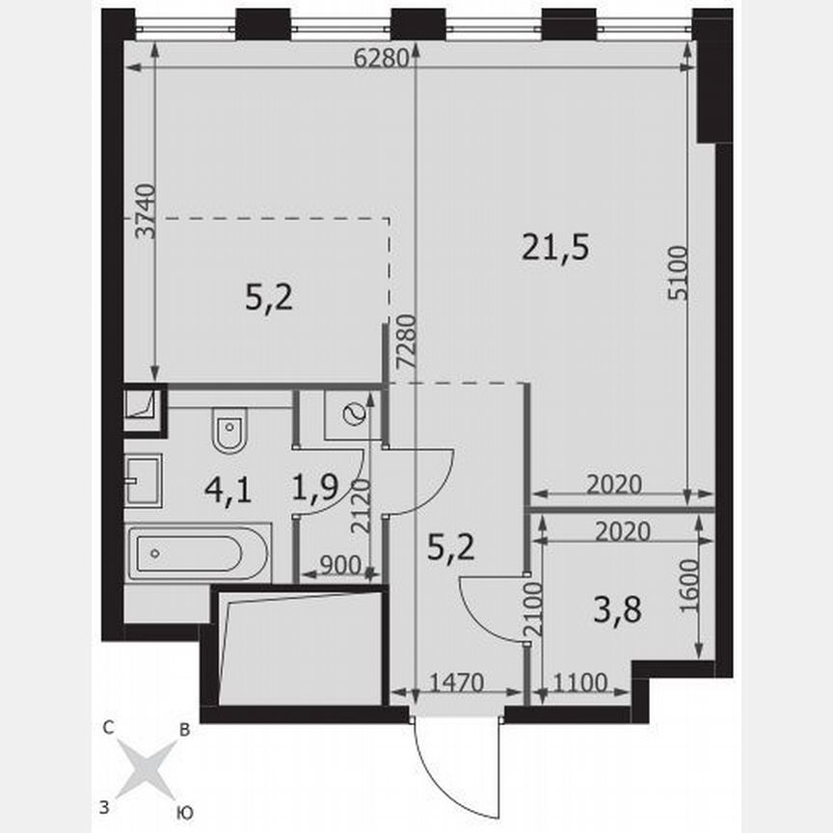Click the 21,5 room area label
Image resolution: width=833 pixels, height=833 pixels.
pos(554,249)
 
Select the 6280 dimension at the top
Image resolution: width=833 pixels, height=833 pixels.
pos(375,57)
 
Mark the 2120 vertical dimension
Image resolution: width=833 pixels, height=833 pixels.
pos(359,508)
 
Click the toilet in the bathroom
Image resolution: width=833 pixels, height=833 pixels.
pos(229,432)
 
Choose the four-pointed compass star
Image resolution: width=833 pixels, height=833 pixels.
pos(146,768)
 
